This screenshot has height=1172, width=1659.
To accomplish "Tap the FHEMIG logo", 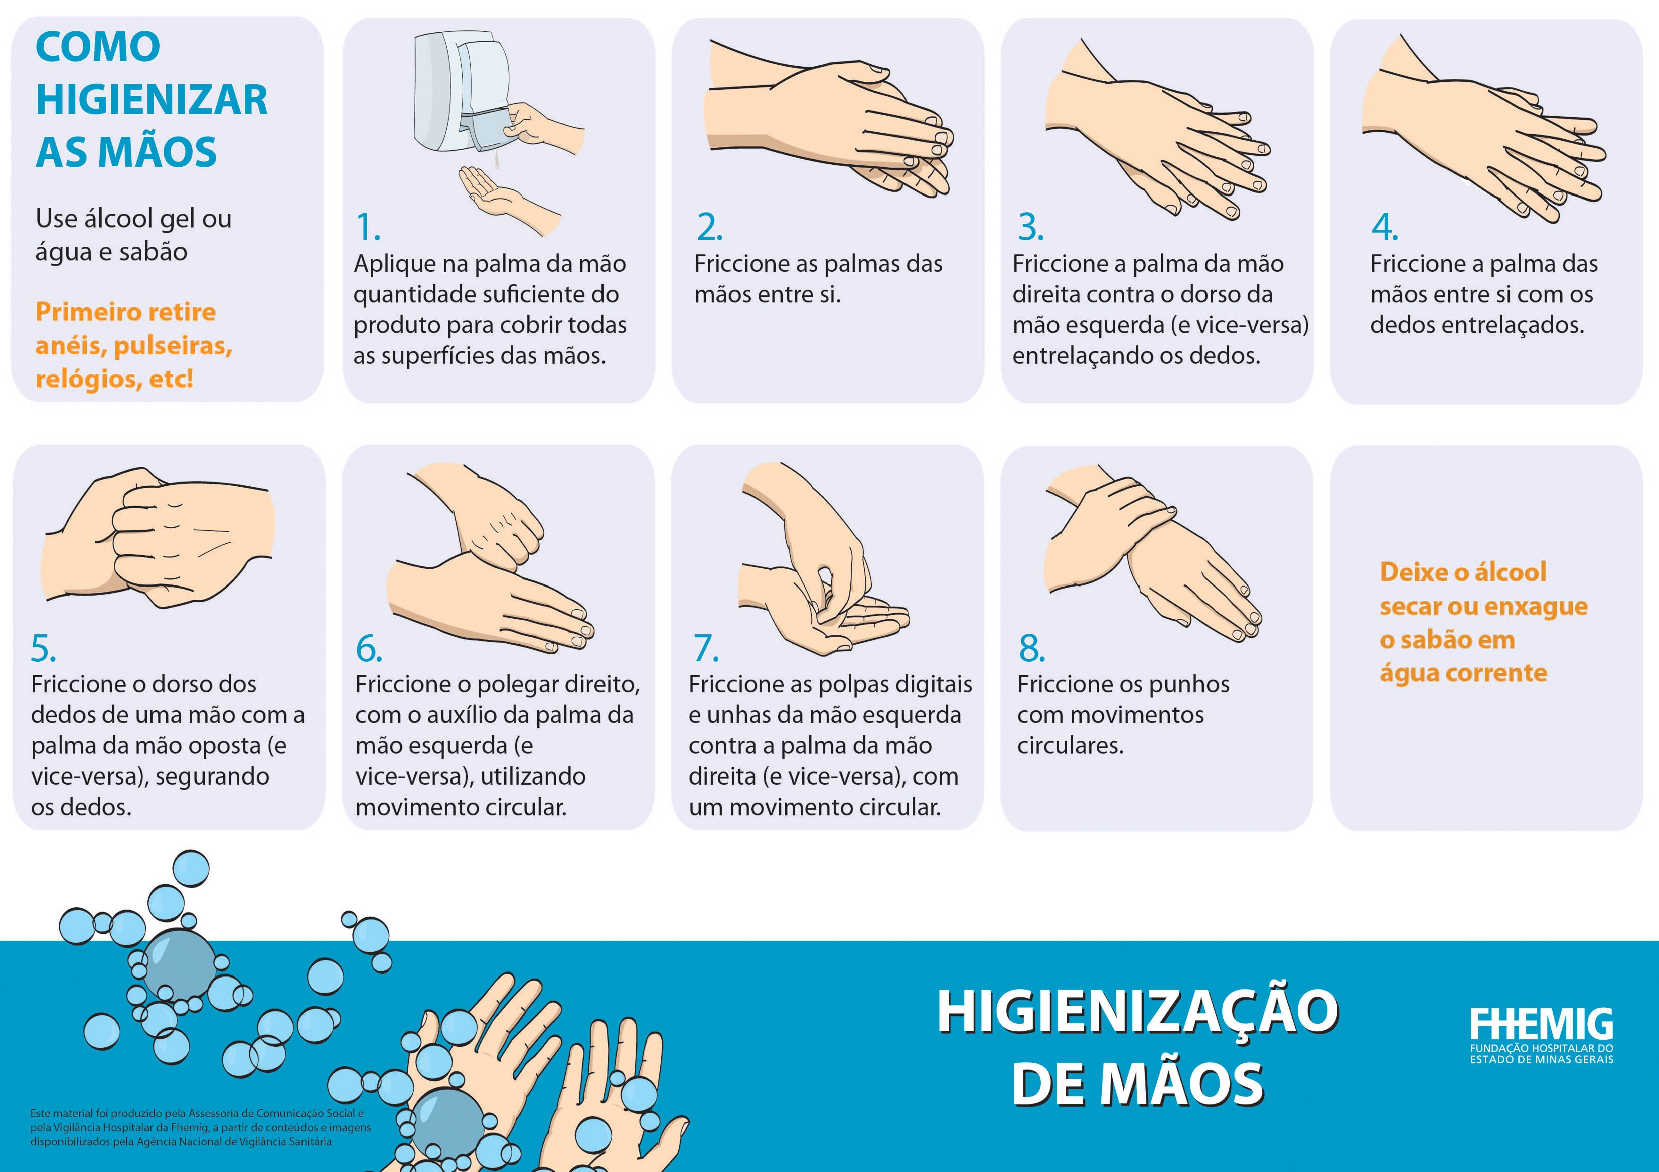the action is point(1541,1035).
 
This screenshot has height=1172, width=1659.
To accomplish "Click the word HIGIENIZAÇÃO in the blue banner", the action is point(1138,1011).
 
